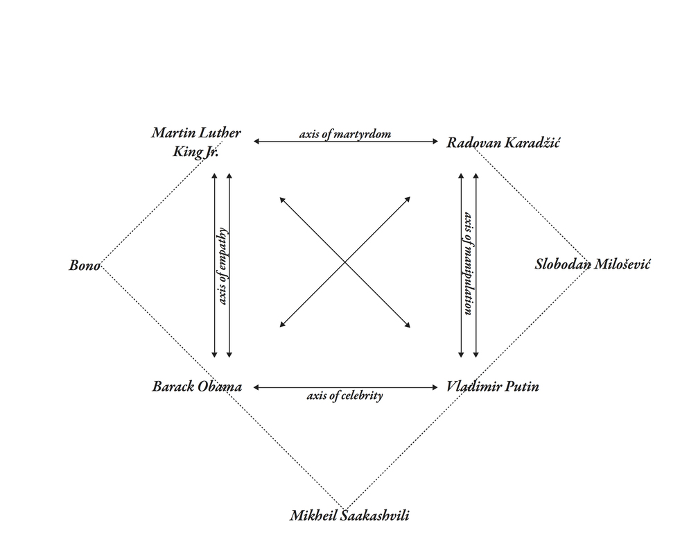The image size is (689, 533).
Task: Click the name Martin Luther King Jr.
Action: click(196, 142)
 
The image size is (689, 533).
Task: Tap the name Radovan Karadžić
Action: click(503, 143)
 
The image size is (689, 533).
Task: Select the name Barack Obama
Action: click(197, 387)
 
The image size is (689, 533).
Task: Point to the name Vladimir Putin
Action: click(493, 387)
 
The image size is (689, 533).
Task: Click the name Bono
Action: click(85, 265)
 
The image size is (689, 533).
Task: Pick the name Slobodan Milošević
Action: click(593, 264)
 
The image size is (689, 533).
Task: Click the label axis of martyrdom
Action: click(345, 134)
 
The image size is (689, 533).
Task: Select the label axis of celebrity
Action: click(344, 397)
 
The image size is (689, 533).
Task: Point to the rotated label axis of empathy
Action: click(223, 266)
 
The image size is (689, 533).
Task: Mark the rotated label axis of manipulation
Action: click(469, 264)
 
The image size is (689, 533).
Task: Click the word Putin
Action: click(521, 387)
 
